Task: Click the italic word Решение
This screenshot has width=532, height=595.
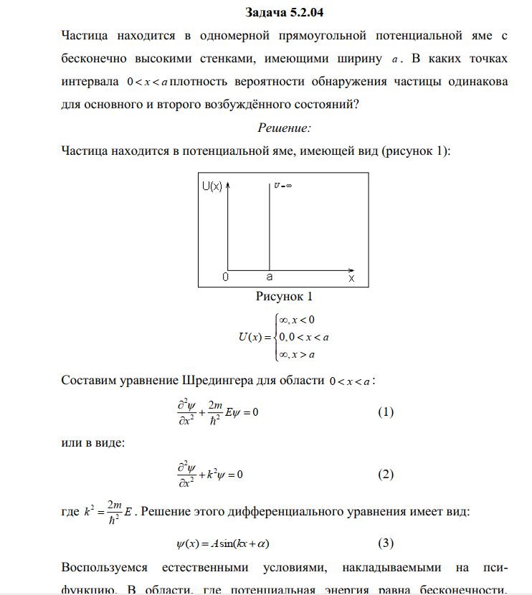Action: (284, 128)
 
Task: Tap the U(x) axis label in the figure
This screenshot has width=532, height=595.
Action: (212, 186)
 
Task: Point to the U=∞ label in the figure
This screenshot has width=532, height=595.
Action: (282, 185)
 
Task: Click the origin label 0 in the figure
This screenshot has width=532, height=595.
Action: (225, 276)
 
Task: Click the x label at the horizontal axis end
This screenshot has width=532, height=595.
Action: (351, 276)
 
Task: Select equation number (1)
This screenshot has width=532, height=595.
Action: (386, 413)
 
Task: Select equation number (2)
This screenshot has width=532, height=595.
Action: (386, 475)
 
